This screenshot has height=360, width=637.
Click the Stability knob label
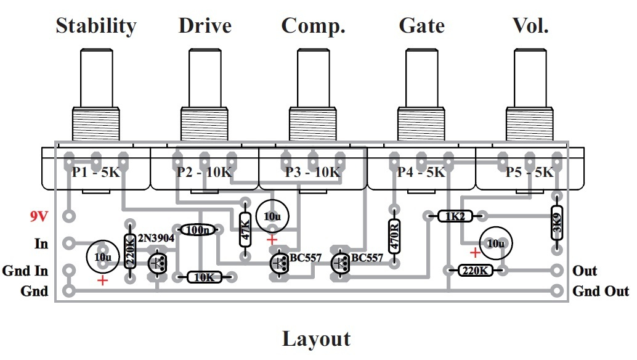coord(95,26)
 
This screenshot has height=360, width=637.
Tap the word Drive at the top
coord(205,26)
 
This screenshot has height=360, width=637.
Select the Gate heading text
coord(421,26)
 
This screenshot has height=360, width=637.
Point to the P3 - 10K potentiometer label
coord(312,173)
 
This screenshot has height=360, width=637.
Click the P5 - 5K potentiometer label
coord(529,173)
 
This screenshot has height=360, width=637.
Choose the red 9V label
coord(39,217)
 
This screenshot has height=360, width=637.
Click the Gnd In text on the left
coord(25,271)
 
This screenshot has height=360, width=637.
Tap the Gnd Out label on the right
coord(601,291)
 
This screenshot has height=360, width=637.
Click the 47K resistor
coord(245,231)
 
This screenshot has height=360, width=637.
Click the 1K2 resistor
coord(455,216)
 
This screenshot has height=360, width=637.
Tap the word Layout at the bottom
coord(316,339)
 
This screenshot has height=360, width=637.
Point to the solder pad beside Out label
coord(557,271)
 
